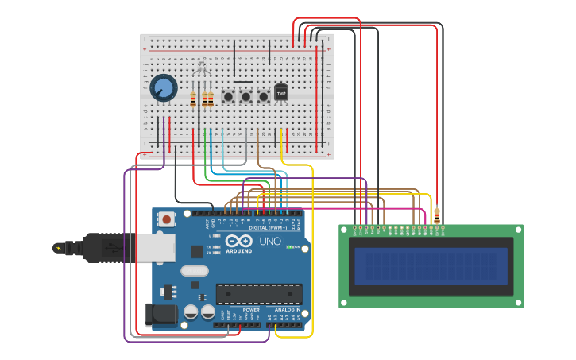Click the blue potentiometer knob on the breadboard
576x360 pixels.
coord(164,87)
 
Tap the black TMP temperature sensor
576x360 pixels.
coord(281,93)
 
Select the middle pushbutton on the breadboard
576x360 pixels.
coord(245,96)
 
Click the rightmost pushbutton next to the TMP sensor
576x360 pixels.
coord(263,96)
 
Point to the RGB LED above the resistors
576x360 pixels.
coord(202,72)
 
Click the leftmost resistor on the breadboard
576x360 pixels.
coord(192,99)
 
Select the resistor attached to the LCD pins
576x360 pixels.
coord(436,215)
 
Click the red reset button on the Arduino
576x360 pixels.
coord(167,219)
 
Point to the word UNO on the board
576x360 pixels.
coord(270,241)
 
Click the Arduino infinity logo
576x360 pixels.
coord(238,241)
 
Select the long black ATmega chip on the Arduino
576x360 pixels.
coord(259,293)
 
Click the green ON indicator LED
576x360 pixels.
coord(289,247)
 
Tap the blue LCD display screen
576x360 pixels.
coord(431,265)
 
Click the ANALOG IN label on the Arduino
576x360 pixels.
coord(286,309)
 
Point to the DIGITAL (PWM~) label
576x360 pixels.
coord(269,227)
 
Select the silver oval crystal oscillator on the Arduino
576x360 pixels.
coord(194,271)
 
